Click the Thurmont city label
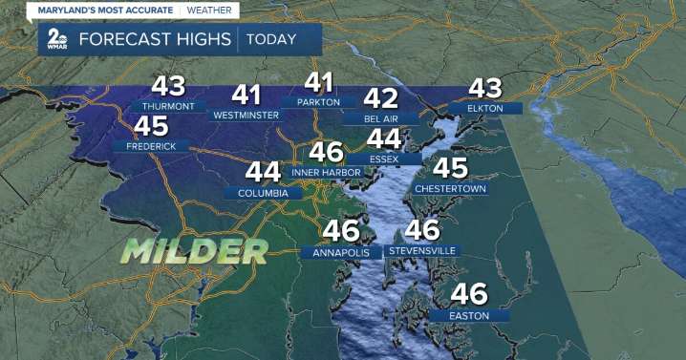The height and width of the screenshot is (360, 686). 173,105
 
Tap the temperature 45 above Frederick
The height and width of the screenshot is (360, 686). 151,126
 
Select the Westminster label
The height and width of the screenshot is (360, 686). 246,115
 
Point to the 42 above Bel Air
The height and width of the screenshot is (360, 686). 380,98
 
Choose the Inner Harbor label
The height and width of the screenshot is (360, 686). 326,173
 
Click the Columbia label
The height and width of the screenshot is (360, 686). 263,192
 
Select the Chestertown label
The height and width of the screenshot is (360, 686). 451,188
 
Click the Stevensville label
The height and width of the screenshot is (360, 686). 422,250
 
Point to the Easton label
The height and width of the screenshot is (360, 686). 469,314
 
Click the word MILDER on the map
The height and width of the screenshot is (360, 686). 194,251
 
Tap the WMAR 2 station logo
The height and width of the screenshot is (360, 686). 55,41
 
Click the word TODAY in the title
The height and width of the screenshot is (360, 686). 271,39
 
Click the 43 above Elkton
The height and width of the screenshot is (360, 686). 484,89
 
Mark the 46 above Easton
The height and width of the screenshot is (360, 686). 469,293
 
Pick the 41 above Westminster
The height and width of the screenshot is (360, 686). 247,95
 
